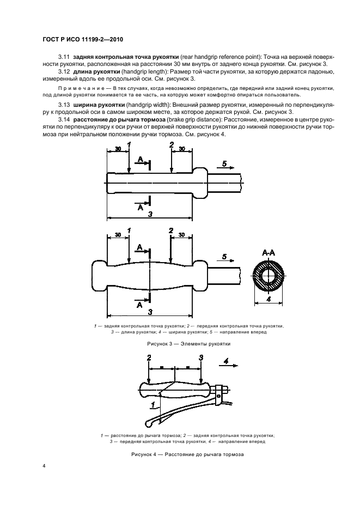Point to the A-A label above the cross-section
[269, 253]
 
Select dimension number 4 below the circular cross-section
[269, 299]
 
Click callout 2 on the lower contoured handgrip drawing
[171, 230]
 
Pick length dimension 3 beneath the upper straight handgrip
[149, 214]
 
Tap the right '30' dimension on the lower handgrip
[181, 235]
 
